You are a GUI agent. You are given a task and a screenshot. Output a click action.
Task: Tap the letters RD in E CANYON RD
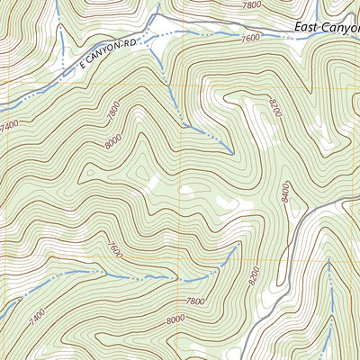pos(135,42)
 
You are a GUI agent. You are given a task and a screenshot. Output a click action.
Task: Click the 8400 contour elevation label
pos(285,193)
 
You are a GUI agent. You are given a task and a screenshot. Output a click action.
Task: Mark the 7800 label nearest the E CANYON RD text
pos(113,112)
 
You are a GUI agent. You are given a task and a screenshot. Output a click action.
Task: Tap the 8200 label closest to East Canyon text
pos(274,111)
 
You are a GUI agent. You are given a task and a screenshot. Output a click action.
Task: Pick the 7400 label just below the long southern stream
pos(36,316)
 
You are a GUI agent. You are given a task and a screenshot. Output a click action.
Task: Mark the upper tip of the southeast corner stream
pos(329,259)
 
